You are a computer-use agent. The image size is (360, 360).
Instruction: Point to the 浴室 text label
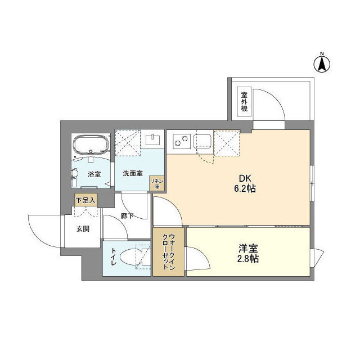pos(94,174)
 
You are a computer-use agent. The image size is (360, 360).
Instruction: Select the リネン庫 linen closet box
pos(156,182)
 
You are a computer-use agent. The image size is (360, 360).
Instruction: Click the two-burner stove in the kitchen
pos(181,141)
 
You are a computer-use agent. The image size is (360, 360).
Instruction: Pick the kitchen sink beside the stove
pos(202,142)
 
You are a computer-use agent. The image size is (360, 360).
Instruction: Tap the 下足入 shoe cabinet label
pos(86,199)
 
